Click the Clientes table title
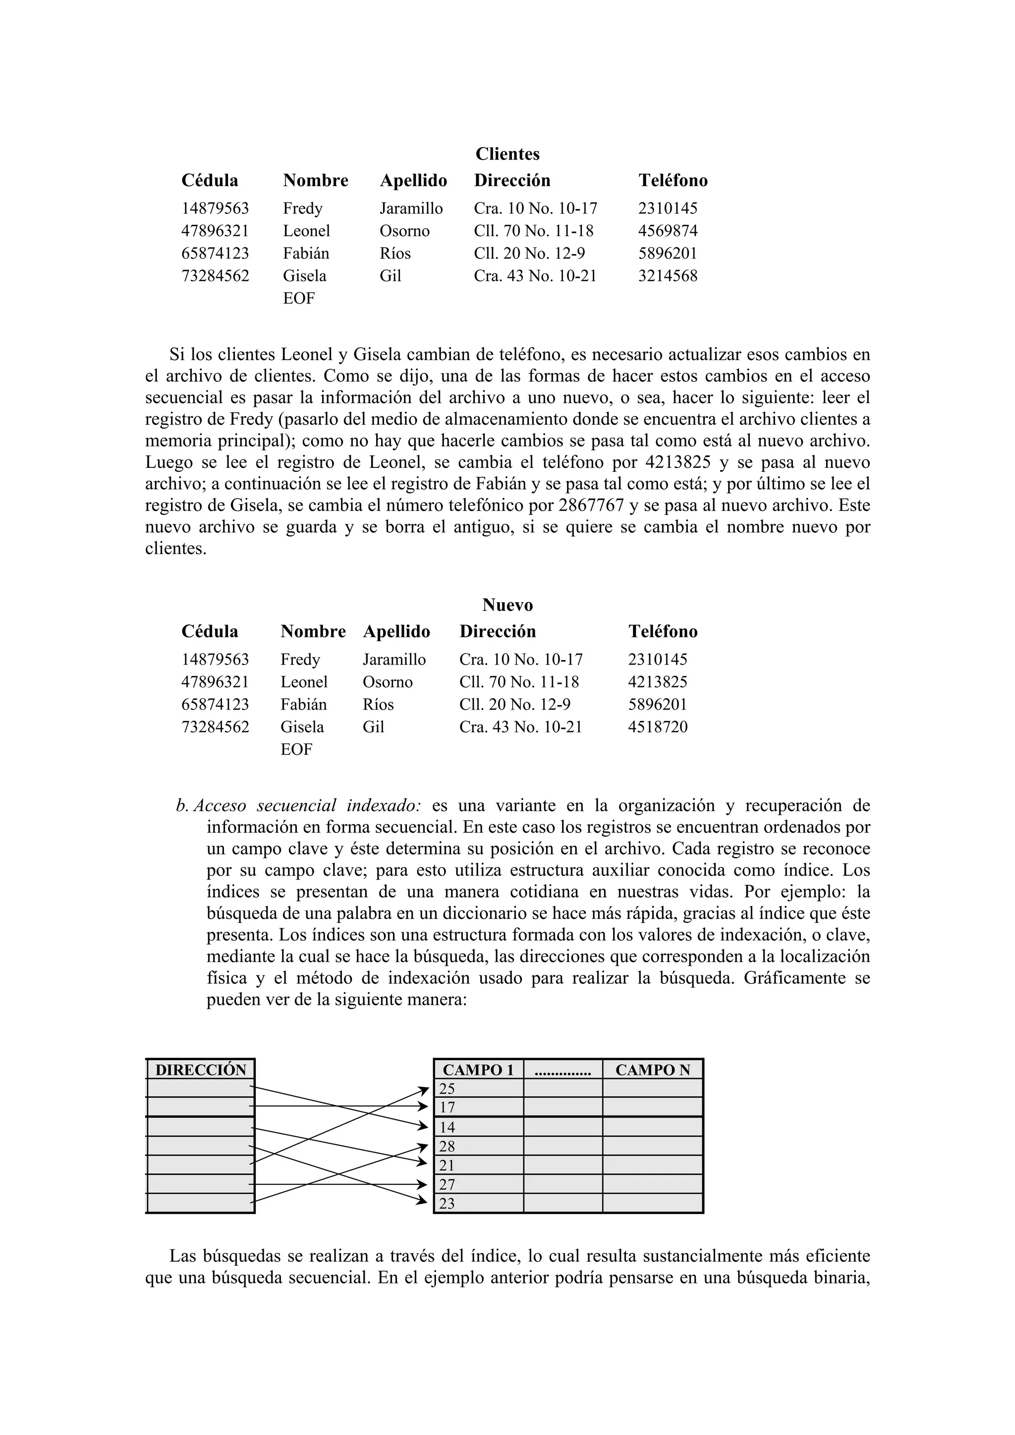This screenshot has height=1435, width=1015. click(507, 154)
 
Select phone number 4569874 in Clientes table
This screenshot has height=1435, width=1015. click(667, 231)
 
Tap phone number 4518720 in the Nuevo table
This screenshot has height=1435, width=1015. click(657, 727)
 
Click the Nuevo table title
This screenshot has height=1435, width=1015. click(507, 605)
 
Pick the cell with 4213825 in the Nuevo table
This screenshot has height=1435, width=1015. click(657, 682)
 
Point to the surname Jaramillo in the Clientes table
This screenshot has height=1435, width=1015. click(411, 208)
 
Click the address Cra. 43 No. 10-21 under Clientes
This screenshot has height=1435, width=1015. click(535, 276)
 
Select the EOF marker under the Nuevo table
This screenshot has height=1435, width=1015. click(296, 749)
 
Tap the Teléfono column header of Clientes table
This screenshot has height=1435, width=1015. click(673, 181)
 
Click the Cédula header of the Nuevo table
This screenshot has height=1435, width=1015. click(210, 631)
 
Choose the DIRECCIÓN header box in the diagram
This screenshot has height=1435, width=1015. click(201, 1070)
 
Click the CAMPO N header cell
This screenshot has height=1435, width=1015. click(652, 1070)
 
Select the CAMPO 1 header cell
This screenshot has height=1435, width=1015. click(478, 1070)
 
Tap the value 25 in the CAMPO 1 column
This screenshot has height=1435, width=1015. click(447, 1089)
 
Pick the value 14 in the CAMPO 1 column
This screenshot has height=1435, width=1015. click(447, 1127)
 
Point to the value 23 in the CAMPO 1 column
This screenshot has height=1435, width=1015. click(447, 1204)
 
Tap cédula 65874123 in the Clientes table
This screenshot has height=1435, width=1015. click(215, 253)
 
